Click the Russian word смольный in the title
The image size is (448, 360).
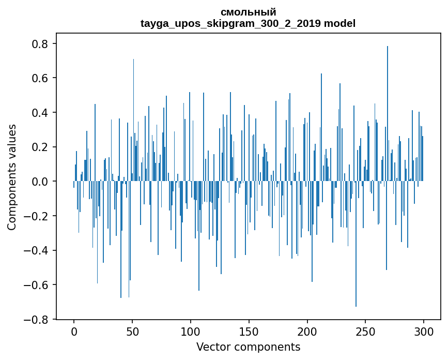pos(248,12)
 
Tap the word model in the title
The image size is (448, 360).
pos(339,23)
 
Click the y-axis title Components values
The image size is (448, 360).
pos(12,177)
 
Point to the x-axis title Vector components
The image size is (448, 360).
pos(248,347)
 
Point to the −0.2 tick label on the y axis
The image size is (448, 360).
pos(37,216)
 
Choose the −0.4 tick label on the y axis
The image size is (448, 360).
pos(37,250)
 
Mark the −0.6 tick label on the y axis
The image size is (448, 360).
pos(37,285)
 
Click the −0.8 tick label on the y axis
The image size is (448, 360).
pos(37,319)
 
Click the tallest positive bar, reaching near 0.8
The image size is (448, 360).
pos(388,103)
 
